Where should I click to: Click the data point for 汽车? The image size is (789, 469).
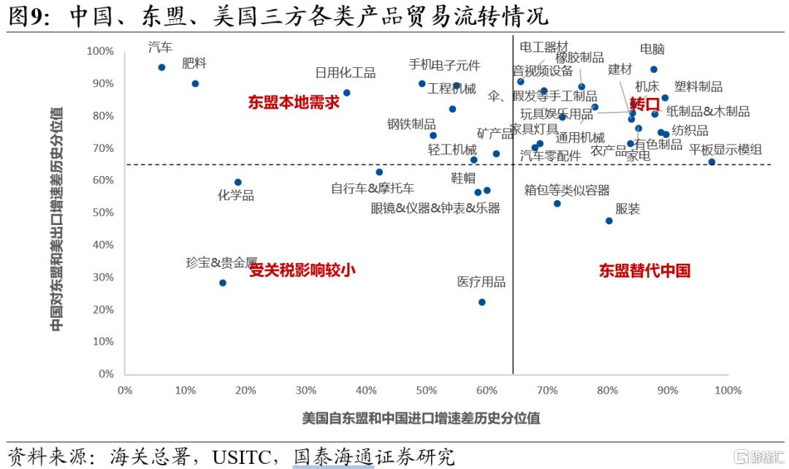[x=161, y=67]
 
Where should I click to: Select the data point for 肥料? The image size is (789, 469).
[x=195, y=83]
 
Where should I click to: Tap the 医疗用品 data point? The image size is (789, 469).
[x=481, y=302]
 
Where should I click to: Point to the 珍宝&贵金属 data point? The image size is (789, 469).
[x=223, y=283]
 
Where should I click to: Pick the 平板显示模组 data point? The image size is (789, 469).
[x=712, y=161]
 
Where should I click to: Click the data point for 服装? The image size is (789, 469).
[x=609, y=221]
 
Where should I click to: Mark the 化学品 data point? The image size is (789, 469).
[x=237, y=182]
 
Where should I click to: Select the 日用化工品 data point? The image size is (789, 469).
[x=346, y=93]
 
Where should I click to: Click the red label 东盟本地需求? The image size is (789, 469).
[x=294, y=102]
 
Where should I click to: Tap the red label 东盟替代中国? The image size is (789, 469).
[x=644, y=271]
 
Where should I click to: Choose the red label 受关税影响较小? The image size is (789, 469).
[x=302, y=270]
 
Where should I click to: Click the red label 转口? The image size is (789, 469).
[x=644, y=103]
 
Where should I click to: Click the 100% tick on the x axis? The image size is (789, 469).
[x=728, y=390]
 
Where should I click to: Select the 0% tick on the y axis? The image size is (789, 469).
[x=105, y=374]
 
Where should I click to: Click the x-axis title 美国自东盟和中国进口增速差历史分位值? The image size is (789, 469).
[x=422, y=419]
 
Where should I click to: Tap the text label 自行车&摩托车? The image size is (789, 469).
[x=373, y=188]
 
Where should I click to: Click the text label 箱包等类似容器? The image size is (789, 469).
[x=567, y=191]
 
